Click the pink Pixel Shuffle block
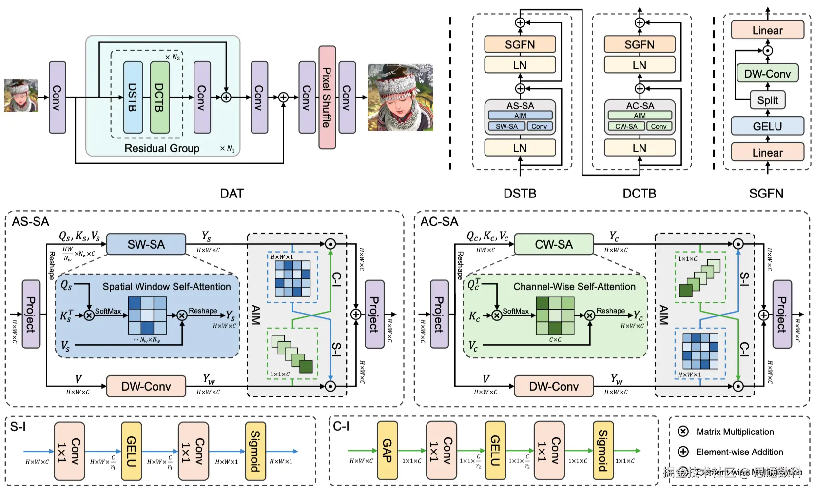point(327,98)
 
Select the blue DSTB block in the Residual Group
point(133,98)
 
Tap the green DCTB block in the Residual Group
point(160,98)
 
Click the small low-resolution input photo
point(21,96)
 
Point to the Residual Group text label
point(162,148)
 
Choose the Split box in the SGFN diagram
point(767,100)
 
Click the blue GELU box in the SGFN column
point(767,126)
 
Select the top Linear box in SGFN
point(767,30)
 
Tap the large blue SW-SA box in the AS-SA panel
point(146,244)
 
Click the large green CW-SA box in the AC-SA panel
point(554,244)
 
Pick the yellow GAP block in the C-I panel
point(387,451)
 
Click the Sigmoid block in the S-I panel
point(255,451)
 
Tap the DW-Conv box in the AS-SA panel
point(146,386)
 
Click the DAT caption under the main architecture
point(232,194)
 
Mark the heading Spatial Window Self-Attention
point(167,287)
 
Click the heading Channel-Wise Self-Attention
point(574,287)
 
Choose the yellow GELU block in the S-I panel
point(131,451)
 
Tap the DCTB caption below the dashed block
point(639,194)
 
